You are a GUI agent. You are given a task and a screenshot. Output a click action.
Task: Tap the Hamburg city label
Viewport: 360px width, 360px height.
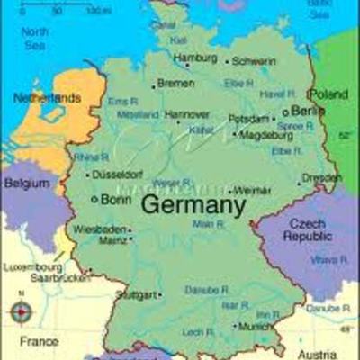coord(194,58)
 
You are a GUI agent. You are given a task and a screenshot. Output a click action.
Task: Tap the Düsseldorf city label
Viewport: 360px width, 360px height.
coord(120,174)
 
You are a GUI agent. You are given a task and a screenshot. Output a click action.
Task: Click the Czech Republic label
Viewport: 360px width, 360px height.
coord(309,229)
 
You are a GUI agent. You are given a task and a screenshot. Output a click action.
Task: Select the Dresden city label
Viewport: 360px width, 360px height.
coord(322,177)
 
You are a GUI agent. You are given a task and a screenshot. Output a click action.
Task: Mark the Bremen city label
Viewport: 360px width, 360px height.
coord(175,83)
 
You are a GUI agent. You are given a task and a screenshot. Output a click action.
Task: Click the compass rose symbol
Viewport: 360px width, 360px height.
coord(22,312)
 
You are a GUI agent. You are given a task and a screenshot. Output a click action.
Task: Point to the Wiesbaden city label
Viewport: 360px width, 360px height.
coord(98,229)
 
